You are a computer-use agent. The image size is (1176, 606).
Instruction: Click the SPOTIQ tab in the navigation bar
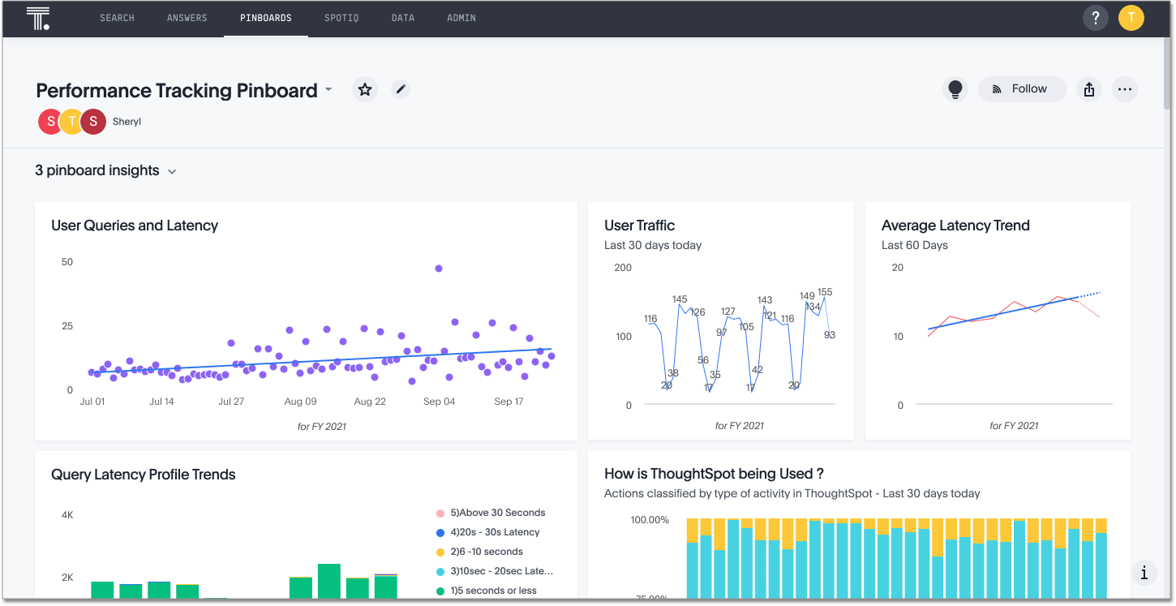tap(341, 18)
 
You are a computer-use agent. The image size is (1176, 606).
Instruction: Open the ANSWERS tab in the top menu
tap(187, 18)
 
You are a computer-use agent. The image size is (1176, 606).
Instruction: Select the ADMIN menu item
tap(461, 18)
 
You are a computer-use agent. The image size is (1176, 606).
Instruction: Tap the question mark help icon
tap(1096, 18)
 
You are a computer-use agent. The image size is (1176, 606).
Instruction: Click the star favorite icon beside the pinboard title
tap(365, 89)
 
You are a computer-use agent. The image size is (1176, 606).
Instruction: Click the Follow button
tap(1021, 89)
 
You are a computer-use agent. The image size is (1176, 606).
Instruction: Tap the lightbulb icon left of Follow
tap(955, 89)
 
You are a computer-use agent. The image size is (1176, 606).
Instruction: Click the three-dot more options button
tap(1124, 89)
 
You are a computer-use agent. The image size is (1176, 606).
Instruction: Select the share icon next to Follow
tap(1088, 89)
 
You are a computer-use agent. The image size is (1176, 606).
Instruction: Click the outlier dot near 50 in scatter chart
tap(439, 269)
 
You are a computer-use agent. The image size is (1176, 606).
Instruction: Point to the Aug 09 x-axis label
tap(300, 402)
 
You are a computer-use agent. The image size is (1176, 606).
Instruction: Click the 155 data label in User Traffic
tap(825, 292)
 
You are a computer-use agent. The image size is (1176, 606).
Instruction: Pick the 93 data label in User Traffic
tap(829, 335)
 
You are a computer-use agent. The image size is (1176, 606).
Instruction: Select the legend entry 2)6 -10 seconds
tap(487, 552)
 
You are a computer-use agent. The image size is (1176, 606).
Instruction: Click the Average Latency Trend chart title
tap(955, 226)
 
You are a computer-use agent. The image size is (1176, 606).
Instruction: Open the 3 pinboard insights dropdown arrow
tap(172, 171)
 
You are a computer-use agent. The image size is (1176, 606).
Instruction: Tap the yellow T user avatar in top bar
tap(1131, 18)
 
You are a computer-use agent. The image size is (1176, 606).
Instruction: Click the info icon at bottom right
tap(1144, 573)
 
